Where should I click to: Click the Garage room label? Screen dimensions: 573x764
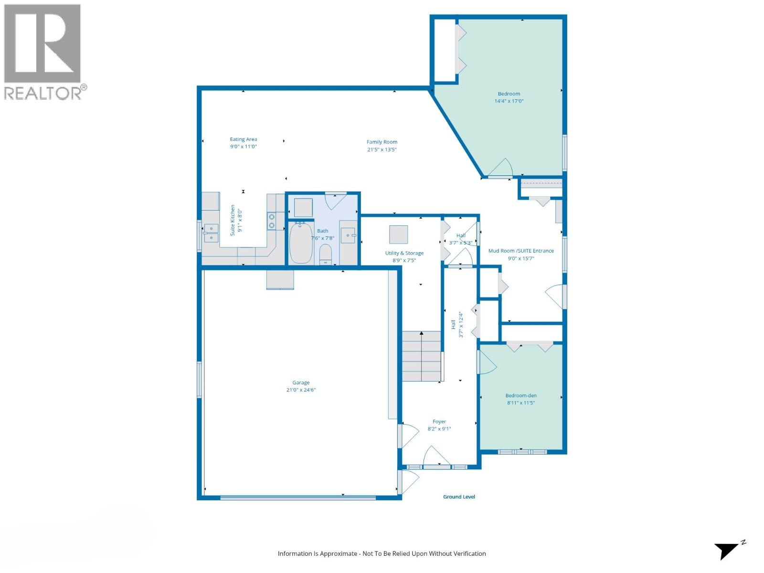coord(301,382)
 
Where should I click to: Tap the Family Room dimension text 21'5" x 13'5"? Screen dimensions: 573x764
coord(382,149)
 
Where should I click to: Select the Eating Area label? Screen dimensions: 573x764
coord(244,139)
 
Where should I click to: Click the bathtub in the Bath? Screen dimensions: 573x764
coord(301,244)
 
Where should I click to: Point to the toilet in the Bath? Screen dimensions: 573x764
coord(326,254)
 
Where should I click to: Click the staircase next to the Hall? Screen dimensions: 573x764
coord(421,356)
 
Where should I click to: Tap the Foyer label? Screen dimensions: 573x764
coord(439,422)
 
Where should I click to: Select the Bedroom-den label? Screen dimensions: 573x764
coord(521,395)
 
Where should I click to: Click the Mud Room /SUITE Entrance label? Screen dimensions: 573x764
coord(521,251)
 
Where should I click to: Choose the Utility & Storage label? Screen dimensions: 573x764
coord(404,253)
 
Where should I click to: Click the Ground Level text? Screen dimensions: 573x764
coord(459,497)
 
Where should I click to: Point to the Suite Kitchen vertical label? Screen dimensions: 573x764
coord(233,220)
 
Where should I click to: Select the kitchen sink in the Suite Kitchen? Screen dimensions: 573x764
coord(211,233)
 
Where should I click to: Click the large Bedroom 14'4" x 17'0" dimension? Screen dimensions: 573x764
coord(509,101)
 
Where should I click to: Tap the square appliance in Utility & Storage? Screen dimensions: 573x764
coord(398,234)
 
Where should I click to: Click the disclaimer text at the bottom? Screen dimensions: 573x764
coord(382,553)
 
